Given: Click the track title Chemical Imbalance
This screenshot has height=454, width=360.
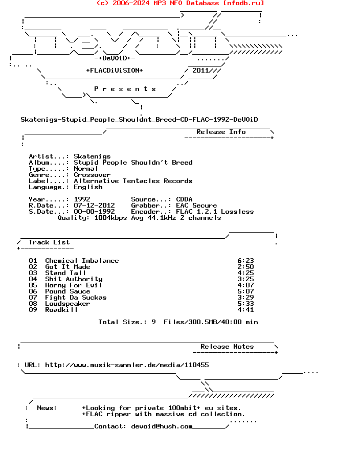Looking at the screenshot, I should pos(82,261).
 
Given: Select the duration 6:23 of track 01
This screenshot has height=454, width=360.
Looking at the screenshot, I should pos(245,261).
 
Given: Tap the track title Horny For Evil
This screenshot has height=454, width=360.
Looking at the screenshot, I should pos(74,285).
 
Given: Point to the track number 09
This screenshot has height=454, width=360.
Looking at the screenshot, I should pos(33,310).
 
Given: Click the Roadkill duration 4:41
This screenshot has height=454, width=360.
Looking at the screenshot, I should pos(245,310).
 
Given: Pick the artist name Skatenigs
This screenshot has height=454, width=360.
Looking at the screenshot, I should pos(92,156).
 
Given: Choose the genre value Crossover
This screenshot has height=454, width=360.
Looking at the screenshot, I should pos(92,175).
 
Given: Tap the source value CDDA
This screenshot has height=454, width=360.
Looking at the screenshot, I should pos(184,199).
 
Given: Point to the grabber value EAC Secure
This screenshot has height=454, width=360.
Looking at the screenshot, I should pos(196,206).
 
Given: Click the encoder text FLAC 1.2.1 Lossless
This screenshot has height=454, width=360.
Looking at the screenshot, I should pos(215,212).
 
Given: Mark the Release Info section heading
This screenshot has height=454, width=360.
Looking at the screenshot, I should pos(221,132).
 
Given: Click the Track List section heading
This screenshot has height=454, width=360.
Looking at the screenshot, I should pos(49,242).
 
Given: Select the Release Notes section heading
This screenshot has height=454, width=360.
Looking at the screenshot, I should pos(227,347).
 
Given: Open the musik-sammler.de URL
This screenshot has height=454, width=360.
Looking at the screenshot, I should pos(127,365).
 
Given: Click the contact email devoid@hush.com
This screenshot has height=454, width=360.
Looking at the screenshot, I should pos(162,426).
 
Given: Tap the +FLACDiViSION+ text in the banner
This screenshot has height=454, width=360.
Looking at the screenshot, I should pos(115,71).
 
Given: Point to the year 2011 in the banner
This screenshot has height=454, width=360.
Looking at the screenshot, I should pos(200,71).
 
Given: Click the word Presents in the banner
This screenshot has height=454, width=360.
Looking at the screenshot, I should pos(125,89).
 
